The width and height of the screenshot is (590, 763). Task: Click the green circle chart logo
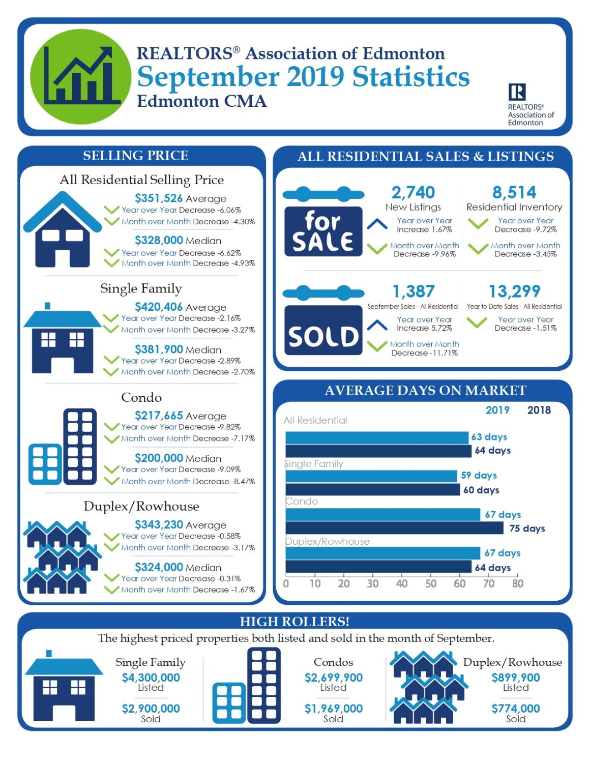coord(80,76)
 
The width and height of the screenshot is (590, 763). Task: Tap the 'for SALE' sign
coord(323,231)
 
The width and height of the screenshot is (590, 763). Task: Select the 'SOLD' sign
coord(323,331)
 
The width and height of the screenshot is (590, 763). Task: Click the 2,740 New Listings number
coord(413,192)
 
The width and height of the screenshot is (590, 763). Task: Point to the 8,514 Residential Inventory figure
coord(514,192)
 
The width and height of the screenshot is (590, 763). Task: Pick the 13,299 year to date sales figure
coord(514,291)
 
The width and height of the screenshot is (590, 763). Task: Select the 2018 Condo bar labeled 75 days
coord(394,528)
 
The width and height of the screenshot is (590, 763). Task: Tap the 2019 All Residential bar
coord(376,437)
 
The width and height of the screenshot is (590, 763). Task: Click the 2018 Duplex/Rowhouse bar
coord(378,567)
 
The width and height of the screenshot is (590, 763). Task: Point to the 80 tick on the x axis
coord(518,584)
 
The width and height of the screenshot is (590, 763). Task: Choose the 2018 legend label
coord(539,410)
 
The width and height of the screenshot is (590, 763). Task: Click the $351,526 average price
coord(159,198)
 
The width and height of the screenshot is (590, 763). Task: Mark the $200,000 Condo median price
coord(159,458)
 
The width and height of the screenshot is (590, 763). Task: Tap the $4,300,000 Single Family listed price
coord(151,678)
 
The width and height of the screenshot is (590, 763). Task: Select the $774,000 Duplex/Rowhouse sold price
coord(516,709)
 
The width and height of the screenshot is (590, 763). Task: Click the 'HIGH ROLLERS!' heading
coord(294,622)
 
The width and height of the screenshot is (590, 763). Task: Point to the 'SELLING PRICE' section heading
coord(135,156)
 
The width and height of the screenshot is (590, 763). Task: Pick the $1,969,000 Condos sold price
coord(333,709)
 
